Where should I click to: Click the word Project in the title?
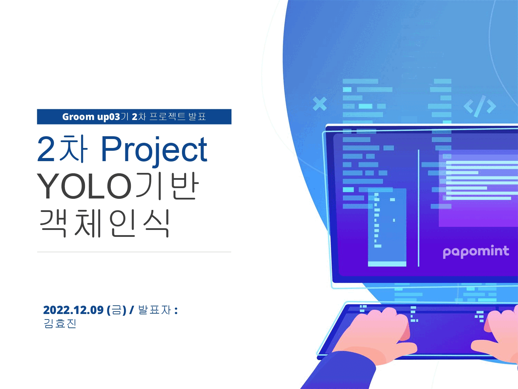click(154, 150)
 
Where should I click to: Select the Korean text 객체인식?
click(104, 223)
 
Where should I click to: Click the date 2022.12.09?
click(74, 310)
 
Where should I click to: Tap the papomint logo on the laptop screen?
click(476, 252)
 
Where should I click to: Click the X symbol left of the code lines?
click(319, 104)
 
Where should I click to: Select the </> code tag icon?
click(480, 106)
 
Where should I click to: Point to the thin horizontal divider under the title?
click(134, 252)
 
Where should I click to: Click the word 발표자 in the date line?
click(154, 310)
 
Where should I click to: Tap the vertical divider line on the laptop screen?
click(419, 208)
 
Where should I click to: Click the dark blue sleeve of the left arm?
click(340, 371)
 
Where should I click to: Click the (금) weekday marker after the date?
click(117, 310)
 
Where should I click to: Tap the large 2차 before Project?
click(62, 149)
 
